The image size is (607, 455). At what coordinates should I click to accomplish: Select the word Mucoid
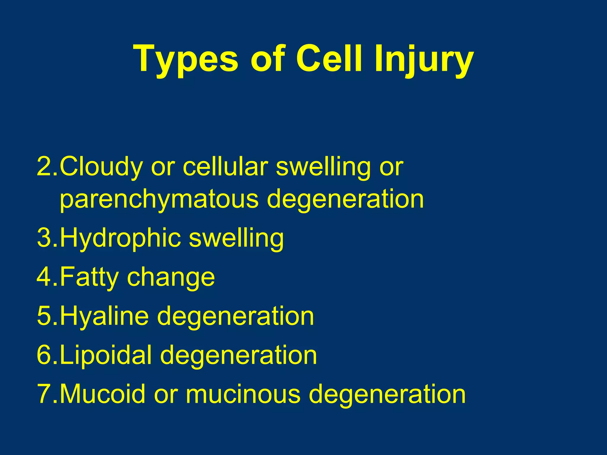pos(103,394)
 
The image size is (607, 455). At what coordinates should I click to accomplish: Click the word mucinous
pos(243,394)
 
